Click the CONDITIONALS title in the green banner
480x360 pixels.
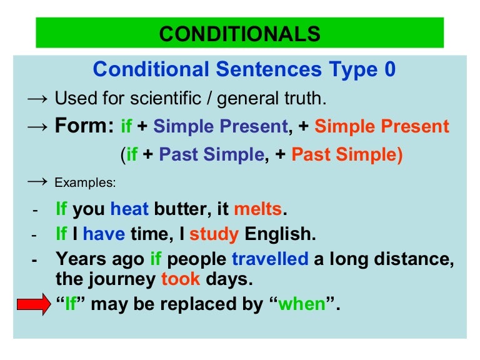(x=240, y=33)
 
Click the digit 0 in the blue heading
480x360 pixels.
(x=390, y=69)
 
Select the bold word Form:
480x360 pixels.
(x=84, y=126)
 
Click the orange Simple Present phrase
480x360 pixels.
(x=381, y=127)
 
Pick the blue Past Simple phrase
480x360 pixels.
(x=212, y=154)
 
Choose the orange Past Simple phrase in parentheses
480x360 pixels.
(x=346, y=154)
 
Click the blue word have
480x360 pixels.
(x=104, y=234)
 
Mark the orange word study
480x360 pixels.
(x=214, y=234)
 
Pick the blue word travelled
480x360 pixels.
(x=270, y=259)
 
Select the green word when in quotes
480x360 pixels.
(x=302, y=305)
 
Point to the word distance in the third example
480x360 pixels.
(x=414, y=259)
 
